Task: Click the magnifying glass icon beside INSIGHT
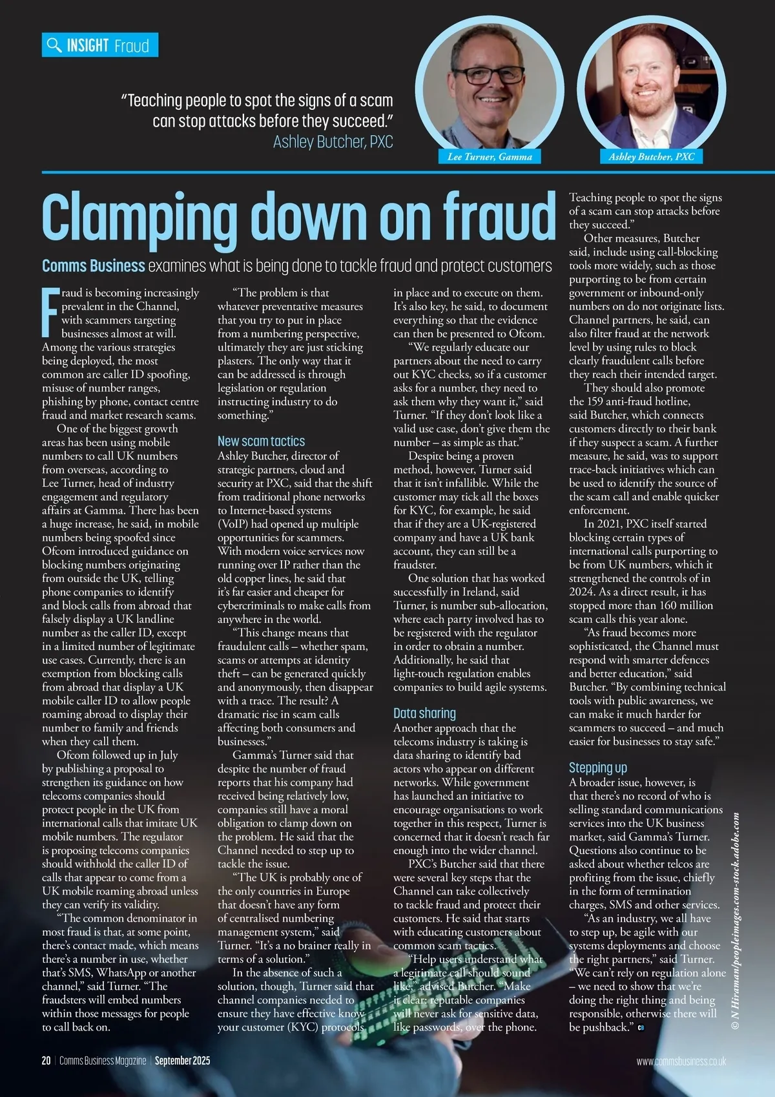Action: click(54, 45)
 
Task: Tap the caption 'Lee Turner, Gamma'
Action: click(490, 156)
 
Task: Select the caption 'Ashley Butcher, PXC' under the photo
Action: click(652, 156)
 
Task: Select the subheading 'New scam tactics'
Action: click(261, 441)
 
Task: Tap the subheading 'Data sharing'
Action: click(424, 713)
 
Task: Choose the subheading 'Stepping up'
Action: click(597, 768)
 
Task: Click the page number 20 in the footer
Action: click(46, 1061)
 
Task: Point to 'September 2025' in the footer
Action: click(182, 1061)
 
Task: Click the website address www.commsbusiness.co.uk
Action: click(681, 1061)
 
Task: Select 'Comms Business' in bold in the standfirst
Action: click(94, 266)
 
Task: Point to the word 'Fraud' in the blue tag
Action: click(131, 45)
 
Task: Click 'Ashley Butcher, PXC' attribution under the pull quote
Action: click(333, 142)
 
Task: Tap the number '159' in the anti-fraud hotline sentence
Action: click(594, 401)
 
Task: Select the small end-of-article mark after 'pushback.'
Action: click(641, 1027)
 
